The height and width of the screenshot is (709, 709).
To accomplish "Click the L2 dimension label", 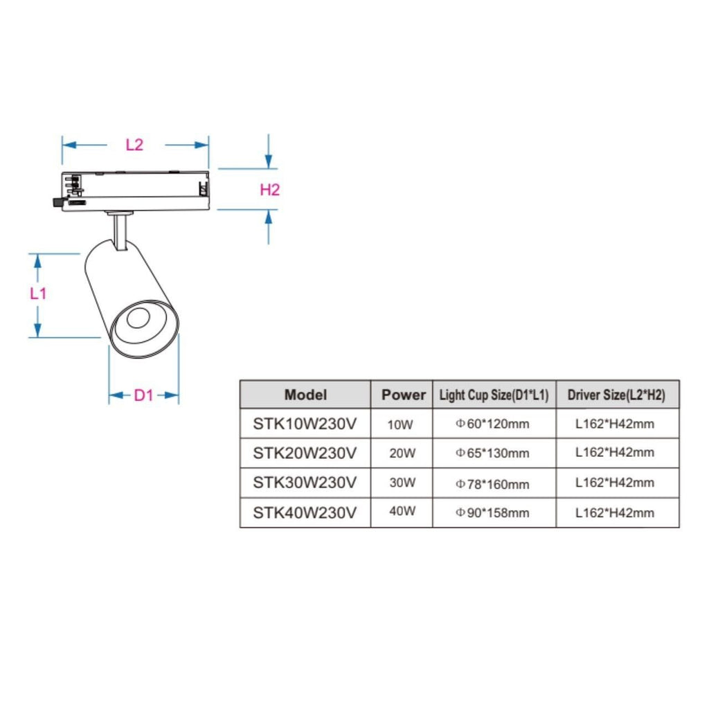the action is pyautogui.click(x=134, y=145).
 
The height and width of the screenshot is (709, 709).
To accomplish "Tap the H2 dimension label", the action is pyautogui.click(x=270, y=190).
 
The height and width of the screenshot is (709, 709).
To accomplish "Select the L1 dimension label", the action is pyautogui.click(x=38, y=294).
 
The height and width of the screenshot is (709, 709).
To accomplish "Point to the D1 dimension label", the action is pyautogui.click(x=144, y=395).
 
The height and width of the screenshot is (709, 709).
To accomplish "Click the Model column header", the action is pyautogui.click(x=305, y=395).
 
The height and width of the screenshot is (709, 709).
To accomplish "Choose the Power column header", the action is pyautogui.click(x=404, y=395).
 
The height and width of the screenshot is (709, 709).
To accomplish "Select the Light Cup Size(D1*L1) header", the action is pyautogui.click(x=494, y=395).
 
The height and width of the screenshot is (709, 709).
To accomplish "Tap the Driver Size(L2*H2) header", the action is pyautogui.click(x=616, y=395).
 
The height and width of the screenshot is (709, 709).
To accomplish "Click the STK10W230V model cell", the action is pyautogui.click(x=305, y=424).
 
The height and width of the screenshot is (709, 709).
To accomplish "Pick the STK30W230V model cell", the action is pyautogui.click(x=305, y=483).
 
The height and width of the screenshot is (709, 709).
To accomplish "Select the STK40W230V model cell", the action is pyautogui.click(x=305, y=513).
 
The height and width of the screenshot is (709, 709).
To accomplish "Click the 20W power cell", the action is pyautogui.click(x=402, y=453).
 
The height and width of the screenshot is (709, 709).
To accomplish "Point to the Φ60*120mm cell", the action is pyautogui.click(x=492, y=424).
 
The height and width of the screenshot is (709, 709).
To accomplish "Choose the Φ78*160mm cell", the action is pyautogui.click(x=492, y=484).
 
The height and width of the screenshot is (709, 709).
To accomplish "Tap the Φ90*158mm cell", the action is pyautogui.click(x=492, y=513).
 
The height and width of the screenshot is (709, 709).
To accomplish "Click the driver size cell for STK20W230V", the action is pyautogui.click(x=615, y=452).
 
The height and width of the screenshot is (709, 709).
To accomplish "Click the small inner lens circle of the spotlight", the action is pyautogui.click(x=138, y=318).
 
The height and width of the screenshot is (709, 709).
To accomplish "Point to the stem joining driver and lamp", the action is pyautogui.click(x=120, y=231).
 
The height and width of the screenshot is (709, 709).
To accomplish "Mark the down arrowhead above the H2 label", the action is pyautogui.click(x=269, y=161).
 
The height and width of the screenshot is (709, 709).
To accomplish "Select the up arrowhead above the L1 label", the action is pyautogui.click(x=37, y=261).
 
